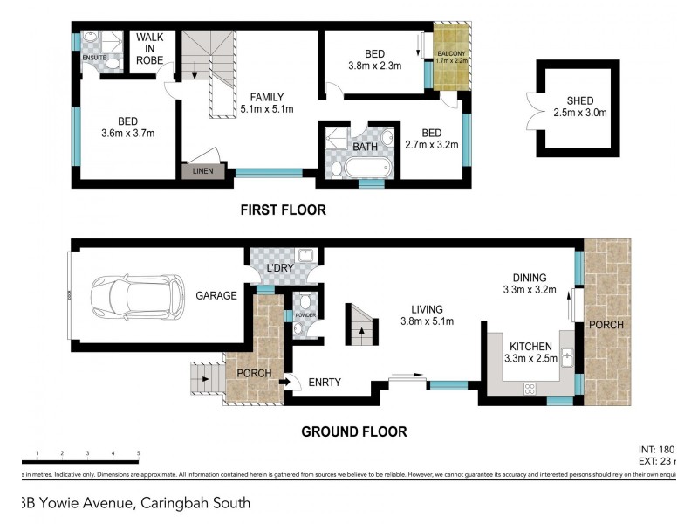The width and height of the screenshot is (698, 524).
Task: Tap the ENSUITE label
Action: [x=94, y=59]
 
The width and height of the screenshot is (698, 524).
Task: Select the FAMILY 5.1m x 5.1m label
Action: [x=266, y=103]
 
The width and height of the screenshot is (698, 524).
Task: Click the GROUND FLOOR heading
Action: [x=353, y=431]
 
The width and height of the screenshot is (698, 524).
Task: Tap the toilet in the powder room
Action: [x=301, y=327]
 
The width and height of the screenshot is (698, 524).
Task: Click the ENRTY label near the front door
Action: [x=324, y=382]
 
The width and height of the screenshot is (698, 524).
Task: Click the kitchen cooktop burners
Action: [x=528, y=388]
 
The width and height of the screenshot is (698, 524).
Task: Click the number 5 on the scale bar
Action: [x=138, y=452]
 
